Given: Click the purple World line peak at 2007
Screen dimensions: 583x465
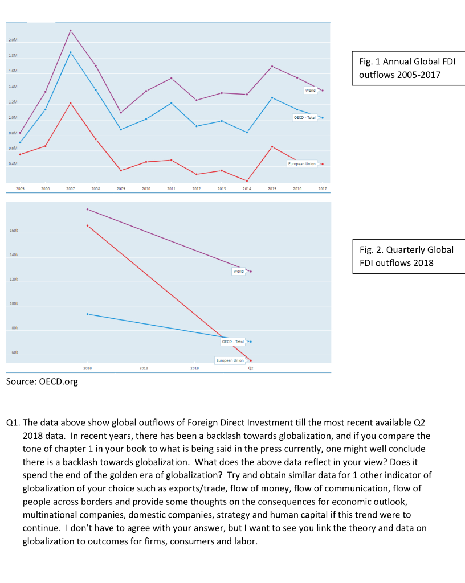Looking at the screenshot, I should [x=71, y=30].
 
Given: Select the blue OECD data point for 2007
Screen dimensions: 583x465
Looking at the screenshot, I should [x=71, y=52].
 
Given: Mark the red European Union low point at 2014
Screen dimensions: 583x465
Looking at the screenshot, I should [x=247, y=181].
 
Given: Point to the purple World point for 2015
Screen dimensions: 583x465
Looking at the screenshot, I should [x=272, y=66].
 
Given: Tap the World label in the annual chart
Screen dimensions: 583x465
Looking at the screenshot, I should [x=310, y=90].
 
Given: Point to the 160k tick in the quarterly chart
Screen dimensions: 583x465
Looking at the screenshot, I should [x=13, y=231].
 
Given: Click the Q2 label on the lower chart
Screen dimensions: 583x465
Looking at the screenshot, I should [x=251, y=368].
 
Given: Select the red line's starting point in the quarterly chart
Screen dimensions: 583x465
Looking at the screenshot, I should [x=87, y=225].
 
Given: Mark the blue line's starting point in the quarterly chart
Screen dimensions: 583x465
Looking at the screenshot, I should [x=87, y=314].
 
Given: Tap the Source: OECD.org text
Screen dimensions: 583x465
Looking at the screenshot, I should [x=42, y=381].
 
